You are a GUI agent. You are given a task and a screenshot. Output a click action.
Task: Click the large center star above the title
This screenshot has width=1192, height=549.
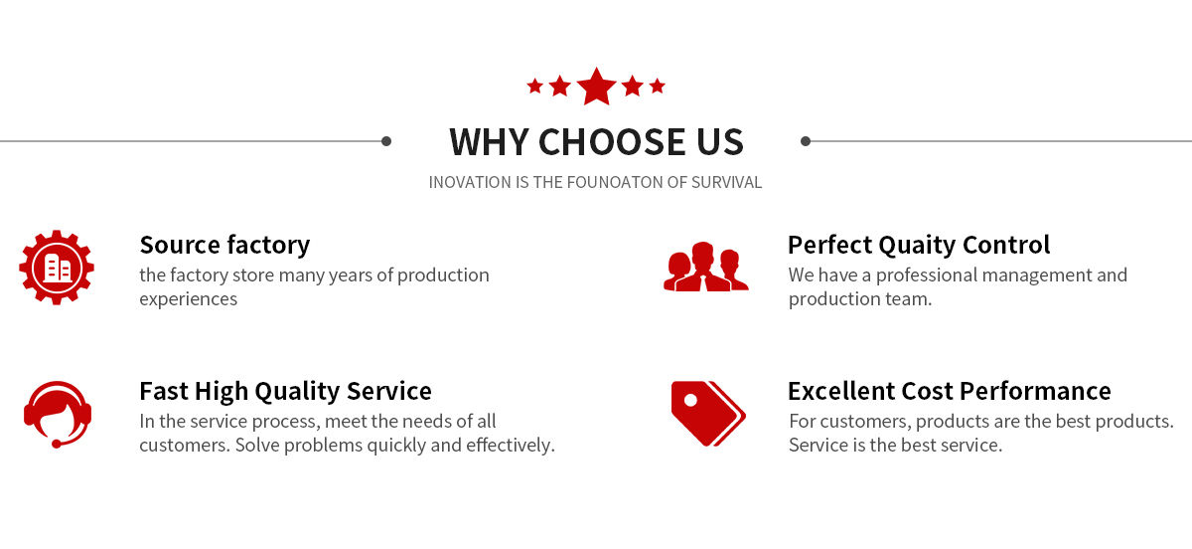click(x=597, y=87)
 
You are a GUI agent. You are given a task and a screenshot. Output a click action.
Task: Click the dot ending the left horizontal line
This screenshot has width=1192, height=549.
click(x=386, y=141)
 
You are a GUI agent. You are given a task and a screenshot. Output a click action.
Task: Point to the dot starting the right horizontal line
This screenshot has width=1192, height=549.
click(x=806, y=141)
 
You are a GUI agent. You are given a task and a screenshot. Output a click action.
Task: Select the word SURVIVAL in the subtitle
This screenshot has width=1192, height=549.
click(x=726, y=182)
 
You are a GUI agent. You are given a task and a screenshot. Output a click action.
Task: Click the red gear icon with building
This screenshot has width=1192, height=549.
click(x=57, y=267)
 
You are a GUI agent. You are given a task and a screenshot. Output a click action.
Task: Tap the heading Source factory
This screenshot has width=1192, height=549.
click(x=224, y=246)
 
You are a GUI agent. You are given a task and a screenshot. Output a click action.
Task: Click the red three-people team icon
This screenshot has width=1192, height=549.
click(x=706, y=266)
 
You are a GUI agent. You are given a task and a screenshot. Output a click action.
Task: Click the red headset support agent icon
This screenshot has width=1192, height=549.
click(x=58, y=415)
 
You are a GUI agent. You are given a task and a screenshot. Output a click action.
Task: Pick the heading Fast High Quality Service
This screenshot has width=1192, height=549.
click(x=285, y=391)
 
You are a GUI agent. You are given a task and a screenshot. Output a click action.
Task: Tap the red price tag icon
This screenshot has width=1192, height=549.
click(x=708, y=413)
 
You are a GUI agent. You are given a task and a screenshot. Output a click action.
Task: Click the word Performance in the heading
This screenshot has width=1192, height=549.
click(x=1035, y=391)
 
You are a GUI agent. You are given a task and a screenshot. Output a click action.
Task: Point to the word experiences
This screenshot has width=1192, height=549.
click(x=189, y=299)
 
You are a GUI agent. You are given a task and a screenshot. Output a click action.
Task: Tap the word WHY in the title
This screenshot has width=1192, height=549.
click(x=490, y=142)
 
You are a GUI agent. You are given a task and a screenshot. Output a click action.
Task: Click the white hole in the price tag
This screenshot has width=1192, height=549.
click(x=690, y=400)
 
